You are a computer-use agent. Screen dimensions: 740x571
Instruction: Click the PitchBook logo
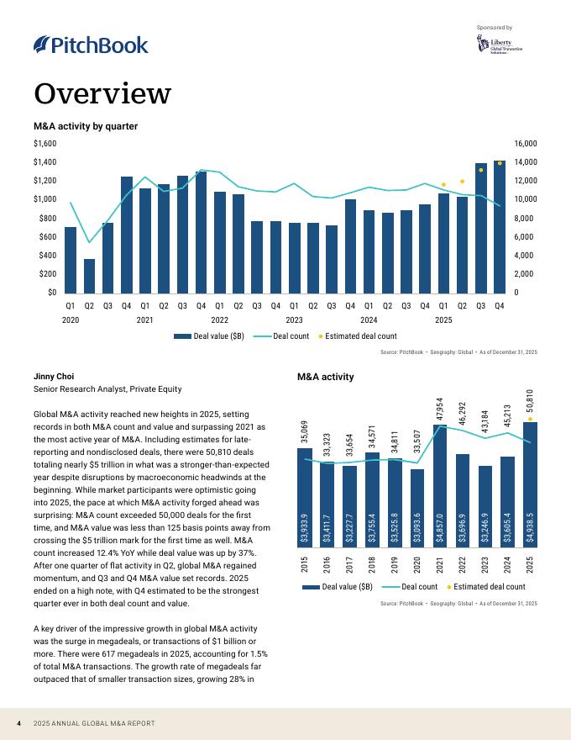[x=91, y=45]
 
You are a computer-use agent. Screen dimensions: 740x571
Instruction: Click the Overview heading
[x=102, y=92]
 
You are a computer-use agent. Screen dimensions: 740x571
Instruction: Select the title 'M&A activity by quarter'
[x=86, y=126]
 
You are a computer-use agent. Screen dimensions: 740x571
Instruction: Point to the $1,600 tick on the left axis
[x=45, y=144]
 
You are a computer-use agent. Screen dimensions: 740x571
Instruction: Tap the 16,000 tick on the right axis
[x=526, y=144]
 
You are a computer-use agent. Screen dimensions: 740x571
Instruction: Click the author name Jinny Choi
[x=54, y=376]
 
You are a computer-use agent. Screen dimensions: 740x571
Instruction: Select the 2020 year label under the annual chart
[x=417, y=563]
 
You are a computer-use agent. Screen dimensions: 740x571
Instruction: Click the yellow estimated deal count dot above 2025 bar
[x=530, y=419]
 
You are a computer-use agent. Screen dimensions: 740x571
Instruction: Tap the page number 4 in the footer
[x=18, y=724]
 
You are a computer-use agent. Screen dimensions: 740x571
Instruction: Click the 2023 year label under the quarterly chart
[x=294, y=320]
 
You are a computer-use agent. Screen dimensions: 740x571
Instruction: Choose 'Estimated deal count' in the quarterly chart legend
[x=360, y=336]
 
